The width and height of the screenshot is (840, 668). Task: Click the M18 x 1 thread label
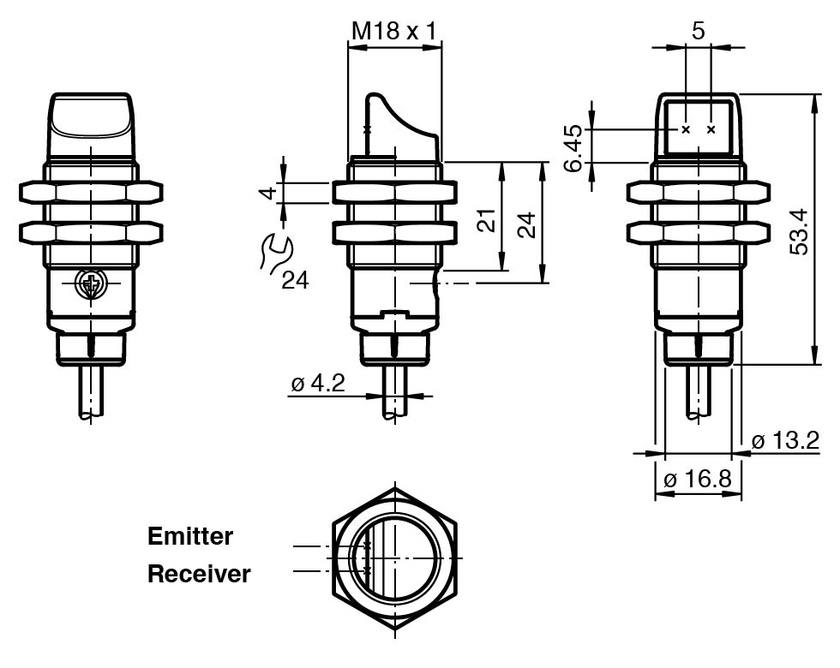click(394, 31)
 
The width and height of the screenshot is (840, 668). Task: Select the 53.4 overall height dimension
click(800, 230)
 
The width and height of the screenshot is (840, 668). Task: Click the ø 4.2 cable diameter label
click(317, 383)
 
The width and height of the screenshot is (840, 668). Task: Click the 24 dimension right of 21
click(528, 224)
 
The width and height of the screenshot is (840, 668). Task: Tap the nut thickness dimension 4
click(269, 192)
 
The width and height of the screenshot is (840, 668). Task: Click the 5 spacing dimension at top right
click(698, 32)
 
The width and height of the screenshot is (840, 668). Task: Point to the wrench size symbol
click(276, 253)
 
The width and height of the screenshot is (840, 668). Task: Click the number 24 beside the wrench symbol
click(295, 280)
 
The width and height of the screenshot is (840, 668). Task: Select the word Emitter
click(190, 537)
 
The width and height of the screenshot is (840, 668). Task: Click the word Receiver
click(199, 574)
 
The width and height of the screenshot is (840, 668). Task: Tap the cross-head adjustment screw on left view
click(89, 284)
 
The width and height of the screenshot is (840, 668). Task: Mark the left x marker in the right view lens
click(685, 130)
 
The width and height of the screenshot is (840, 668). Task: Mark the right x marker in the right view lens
click(711, 130)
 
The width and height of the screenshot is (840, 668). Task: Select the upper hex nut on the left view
click(90, 192)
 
